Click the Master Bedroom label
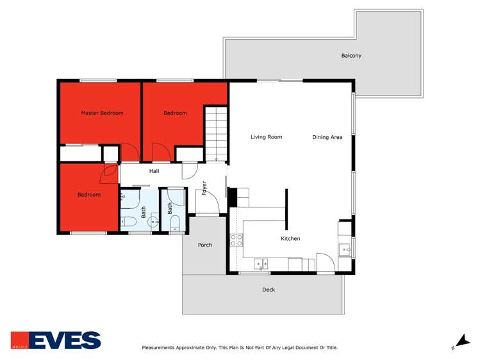pyautogui.click(x=102, y=113)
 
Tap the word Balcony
pyautogui.click(x=351, y=56)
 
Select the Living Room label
pyautogui.click(x=266, y=137)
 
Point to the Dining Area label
pyautogui.click(x=327, y=137)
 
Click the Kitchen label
pyautogui.click(x=290, y=239)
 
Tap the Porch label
pyautogui.click(x=205, y=245)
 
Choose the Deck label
pyautogui.click(x=269, y=290)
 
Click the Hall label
pyautogui.click(x=154, y=171)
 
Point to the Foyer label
pyautogui.click(x=204, y=188)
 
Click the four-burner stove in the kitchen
pyautogui.click(x=236, y=240)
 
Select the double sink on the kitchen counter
pyautogui.click(x=261, y=263)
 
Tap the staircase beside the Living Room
pyautogui.click(x=216, y=133)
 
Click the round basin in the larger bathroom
pyautogui.click(x=153, y=222)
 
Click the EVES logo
pyautogui.click(x=56, y=340)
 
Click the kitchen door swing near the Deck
pyautogui.click(x=326, y=263)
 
